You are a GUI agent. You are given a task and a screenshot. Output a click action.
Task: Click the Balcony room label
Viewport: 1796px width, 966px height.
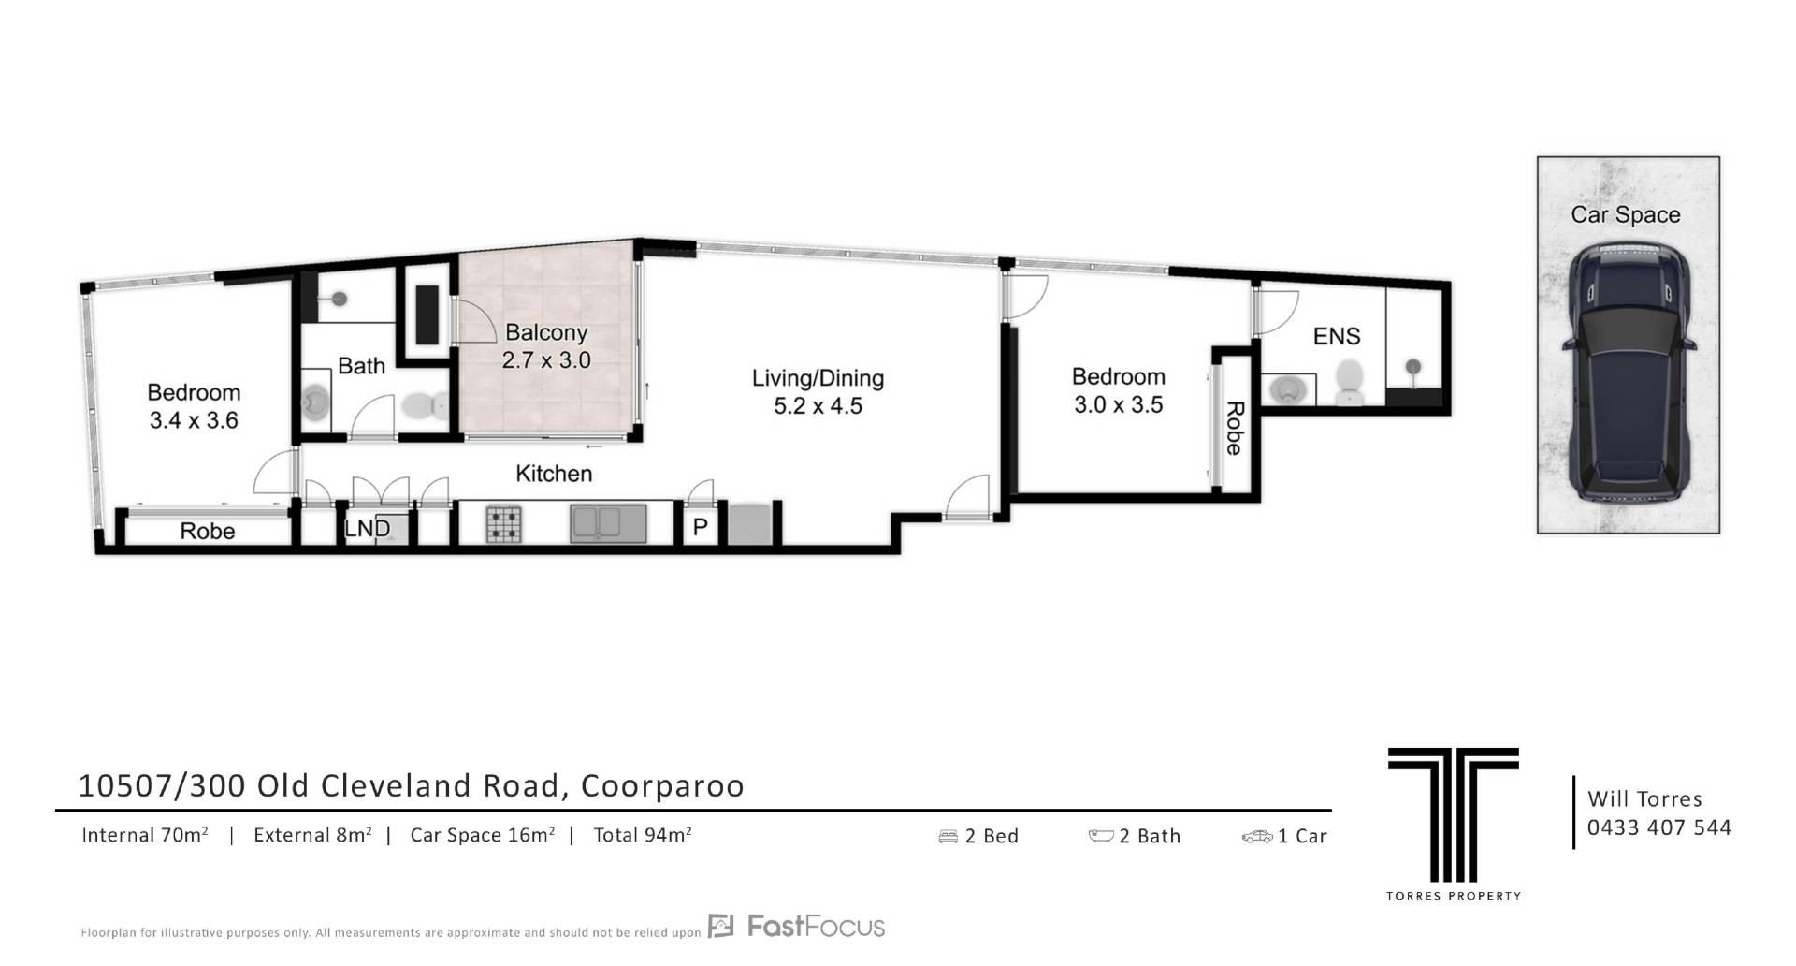[x=546, y=332]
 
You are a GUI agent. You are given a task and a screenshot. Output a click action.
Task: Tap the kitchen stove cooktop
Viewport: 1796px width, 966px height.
[x=504, y=524]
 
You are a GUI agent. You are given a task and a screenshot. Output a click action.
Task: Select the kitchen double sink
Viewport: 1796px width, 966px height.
[x=608, y=524]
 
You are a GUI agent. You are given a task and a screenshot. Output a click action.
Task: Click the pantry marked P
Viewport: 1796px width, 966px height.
[x=700, y=528]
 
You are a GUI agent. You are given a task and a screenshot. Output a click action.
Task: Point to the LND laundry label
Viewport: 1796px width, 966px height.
[x=368, y=528]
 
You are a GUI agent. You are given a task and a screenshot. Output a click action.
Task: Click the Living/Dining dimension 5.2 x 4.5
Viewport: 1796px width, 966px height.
[x=818, y=406]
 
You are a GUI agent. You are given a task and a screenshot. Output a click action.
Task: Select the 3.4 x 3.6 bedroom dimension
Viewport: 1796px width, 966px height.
[x=194, y=420]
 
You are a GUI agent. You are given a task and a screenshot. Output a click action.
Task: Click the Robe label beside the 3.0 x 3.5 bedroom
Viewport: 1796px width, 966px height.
[x=1235, y=429]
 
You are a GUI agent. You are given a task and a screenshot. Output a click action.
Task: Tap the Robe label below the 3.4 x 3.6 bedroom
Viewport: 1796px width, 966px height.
[x=208, y=531]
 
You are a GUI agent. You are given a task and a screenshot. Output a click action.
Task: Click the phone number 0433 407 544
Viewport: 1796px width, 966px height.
[x=1659, y=827]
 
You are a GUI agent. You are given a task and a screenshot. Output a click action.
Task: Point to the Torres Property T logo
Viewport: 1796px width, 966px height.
[x=1454, y=814]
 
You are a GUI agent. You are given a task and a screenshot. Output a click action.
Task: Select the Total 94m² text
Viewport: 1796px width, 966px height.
[x=643, y=834]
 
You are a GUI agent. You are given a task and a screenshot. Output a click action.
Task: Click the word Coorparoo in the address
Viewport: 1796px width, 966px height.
[x=662, y=785]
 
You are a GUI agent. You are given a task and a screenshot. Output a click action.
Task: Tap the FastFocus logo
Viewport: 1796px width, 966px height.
[x=796, y=927]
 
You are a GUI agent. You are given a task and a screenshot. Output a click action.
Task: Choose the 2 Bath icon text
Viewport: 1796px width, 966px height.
[x=1135, y=836]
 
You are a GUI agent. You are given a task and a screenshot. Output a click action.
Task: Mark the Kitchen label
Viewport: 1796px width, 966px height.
[x=554, y=474]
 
